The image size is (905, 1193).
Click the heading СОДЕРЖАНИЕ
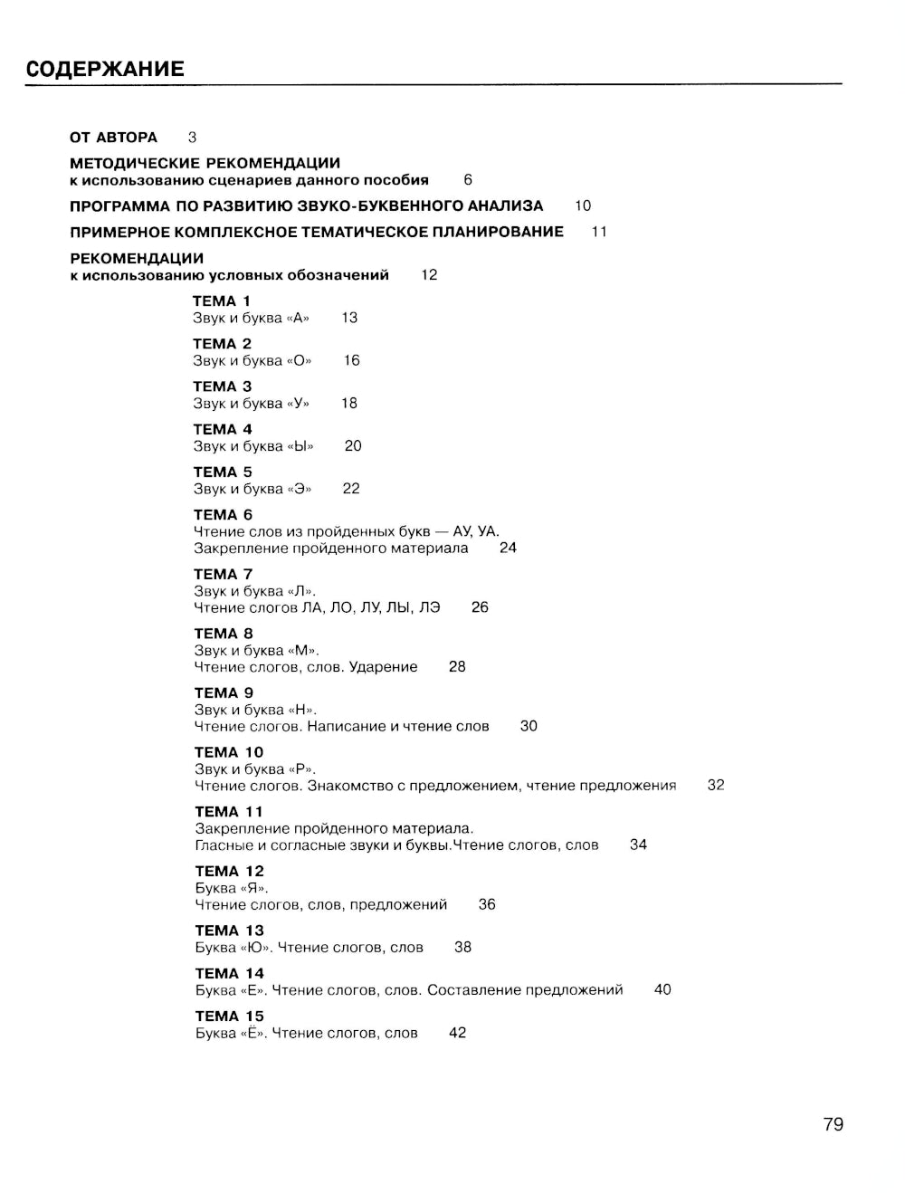click(x=105, y=70)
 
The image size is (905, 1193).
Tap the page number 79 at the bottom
click(x=834, y=1124)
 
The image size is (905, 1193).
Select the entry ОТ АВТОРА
click(x=113, y=138)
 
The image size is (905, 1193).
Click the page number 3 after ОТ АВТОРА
click(x=192, y=138)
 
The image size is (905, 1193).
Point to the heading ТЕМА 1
click(x=222, y=301)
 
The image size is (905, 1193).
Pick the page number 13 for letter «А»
click(x=349, y=318)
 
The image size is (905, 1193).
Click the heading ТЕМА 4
click(x=223, y=429)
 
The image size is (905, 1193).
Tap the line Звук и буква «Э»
click(x=252, y=489)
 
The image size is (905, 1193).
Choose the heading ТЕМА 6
click(x=223, y=515)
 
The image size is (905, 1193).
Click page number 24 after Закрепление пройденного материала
click(x=508, y=548)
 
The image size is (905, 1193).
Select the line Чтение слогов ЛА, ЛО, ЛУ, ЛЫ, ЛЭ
click(x=317, y=607)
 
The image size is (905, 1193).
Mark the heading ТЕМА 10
click(x=229, y=752)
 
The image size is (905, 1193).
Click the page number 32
click(x=716, y=786)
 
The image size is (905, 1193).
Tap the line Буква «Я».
click(x=232, y=888)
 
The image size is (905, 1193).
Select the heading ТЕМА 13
click(x=230, y=931)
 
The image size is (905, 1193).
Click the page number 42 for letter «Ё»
click(x=457, y=1033)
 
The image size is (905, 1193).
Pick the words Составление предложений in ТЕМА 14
click(x=525, y=990)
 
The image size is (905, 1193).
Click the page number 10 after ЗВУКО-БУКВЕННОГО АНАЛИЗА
click(x=583, y=206)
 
